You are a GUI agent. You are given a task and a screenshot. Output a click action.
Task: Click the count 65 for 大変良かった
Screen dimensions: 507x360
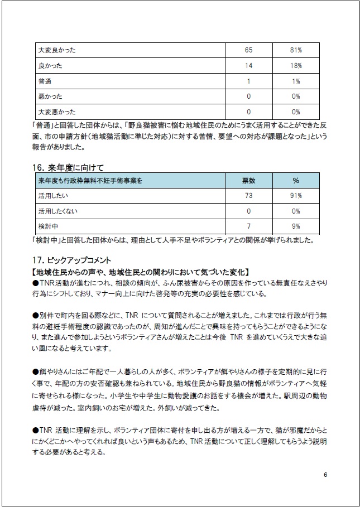pos(248,50)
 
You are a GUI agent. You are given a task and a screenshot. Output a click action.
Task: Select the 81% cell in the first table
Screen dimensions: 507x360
pos(296,50)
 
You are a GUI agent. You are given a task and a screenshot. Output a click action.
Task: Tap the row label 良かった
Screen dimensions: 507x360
pos(50,66)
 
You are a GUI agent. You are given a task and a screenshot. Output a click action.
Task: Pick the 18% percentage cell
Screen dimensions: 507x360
pos(296,66)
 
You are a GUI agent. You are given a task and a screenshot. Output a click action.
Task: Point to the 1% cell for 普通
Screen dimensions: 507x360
pos(296,81)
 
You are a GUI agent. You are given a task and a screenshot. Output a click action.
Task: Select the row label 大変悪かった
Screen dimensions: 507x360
pos(56,112)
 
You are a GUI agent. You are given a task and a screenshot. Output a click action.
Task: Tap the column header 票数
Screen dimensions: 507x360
pos(248,181)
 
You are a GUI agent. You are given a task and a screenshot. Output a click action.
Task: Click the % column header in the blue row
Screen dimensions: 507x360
pos(296,181)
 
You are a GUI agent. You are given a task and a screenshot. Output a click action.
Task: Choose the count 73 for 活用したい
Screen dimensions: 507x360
pos(248,196)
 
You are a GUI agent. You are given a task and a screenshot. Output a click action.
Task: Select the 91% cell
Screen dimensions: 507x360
pos(296,196)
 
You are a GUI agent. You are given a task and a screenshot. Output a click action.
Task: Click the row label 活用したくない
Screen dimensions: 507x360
pos(58,211)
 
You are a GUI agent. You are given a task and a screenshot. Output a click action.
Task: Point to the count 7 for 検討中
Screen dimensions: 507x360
pos(248,226)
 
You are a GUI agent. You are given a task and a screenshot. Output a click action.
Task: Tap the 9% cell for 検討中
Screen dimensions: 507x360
pos(296,226)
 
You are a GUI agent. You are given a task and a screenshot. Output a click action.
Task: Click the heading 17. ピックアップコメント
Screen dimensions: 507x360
pos(72,260)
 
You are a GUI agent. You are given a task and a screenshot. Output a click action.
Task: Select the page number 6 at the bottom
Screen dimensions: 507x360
pos(325,475)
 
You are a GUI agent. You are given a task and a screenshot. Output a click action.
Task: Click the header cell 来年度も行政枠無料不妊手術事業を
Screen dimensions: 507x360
pos(90,181)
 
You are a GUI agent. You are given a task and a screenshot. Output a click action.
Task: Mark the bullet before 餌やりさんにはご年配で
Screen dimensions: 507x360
pos(35,370)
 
